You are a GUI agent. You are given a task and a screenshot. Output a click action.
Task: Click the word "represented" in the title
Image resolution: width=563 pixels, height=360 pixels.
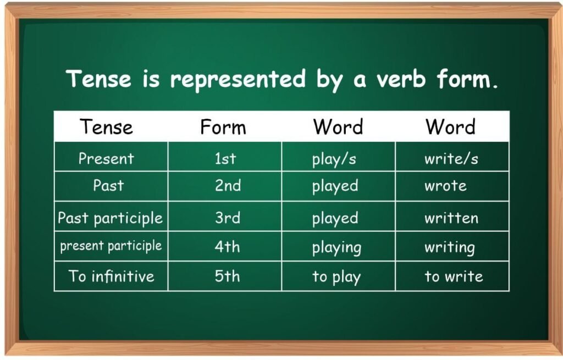[x=237, y=80]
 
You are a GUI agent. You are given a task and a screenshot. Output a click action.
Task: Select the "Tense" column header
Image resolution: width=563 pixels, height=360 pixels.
[x=107, y=127]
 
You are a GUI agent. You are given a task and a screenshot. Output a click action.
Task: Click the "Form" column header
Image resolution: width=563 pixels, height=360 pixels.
[x=223, y=127]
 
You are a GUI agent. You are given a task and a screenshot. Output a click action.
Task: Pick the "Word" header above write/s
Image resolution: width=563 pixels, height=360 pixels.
[x=450, y=127]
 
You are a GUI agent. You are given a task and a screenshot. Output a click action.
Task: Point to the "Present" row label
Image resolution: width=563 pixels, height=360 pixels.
[x=106, y=158]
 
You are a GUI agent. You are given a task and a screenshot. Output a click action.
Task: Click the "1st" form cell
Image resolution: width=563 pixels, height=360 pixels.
[x=225, y=158]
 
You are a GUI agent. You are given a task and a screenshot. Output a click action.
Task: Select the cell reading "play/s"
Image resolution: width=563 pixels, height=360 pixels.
[x=334, y=159]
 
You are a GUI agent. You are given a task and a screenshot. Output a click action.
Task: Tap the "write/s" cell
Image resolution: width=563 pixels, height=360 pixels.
[x=451, y=159]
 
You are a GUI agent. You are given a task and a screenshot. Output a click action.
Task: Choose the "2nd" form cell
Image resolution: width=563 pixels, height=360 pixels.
[x=228, y=186]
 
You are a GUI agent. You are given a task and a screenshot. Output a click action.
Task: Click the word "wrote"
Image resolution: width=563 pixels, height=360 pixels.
[x=445, y=186]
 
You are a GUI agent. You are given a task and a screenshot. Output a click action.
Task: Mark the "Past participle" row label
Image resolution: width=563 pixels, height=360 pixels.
[x=111, y=218]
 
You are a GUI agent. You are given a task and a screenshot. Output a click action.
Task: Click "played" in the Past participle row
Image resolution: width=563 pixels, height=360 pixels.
[x=335, y=219]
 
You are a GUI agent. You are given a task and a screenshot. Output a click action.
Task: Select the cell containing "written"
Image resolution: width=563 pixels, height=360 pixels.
[x=451, y=218]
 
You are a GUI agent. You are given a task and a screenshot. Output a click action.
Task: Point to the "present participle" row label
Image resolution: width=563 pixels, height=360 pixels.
[x=111, y=246]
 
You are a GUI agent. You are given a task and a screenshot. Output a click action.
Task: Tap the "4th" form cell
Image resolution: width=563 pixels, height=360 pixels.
[x=227, y=247]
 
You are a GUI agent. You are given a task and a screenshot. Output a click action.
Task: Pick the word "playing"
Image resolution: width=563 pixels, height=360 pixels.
[x=336, y=248]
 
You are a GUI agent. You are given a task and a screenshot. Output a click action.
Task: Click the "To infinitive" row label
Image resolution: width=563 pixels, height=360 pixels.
[x=112, y=276]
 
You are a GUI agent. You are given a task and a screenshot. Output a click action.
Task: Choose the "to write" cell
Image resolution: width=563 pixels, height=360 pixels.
[x=454, y=276]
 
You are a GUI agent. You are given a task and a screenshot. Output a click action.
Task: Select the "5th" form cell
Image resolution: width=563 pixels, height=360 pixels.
[x=227, y=276]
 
